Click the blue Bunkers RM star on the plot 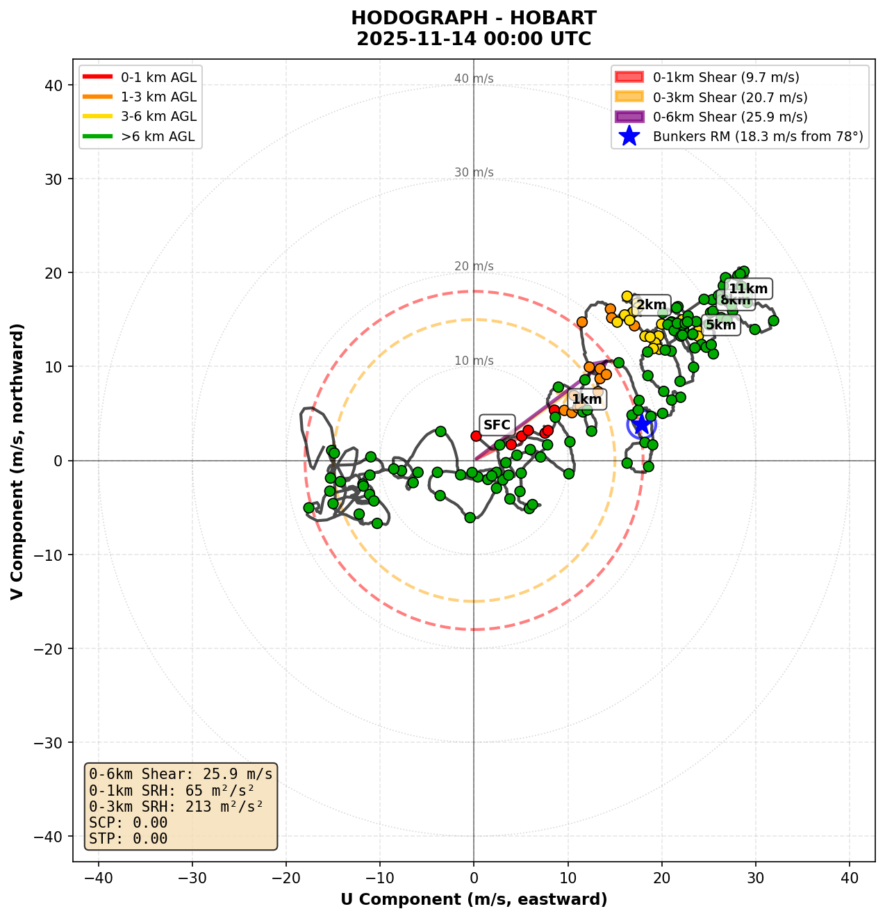click(641, 423)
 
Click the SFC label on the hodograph click(497, 425)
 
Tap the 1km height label click(587, 399)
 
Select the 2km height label click(651, 304)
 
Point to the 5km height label click(720, 325)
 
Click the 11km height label click(748, 289)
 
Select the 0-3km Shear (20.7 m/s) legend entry click(729, 97)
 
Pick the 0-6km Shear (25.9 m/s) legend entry click(729, 117)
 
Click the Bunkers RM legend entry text click(757, 137)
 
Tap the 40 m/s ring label click(474, 79)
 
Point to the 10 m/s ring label click(474, 361)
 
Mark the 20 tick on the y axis click(54, 273)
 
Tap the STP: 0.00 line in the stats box click(129, 839)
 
